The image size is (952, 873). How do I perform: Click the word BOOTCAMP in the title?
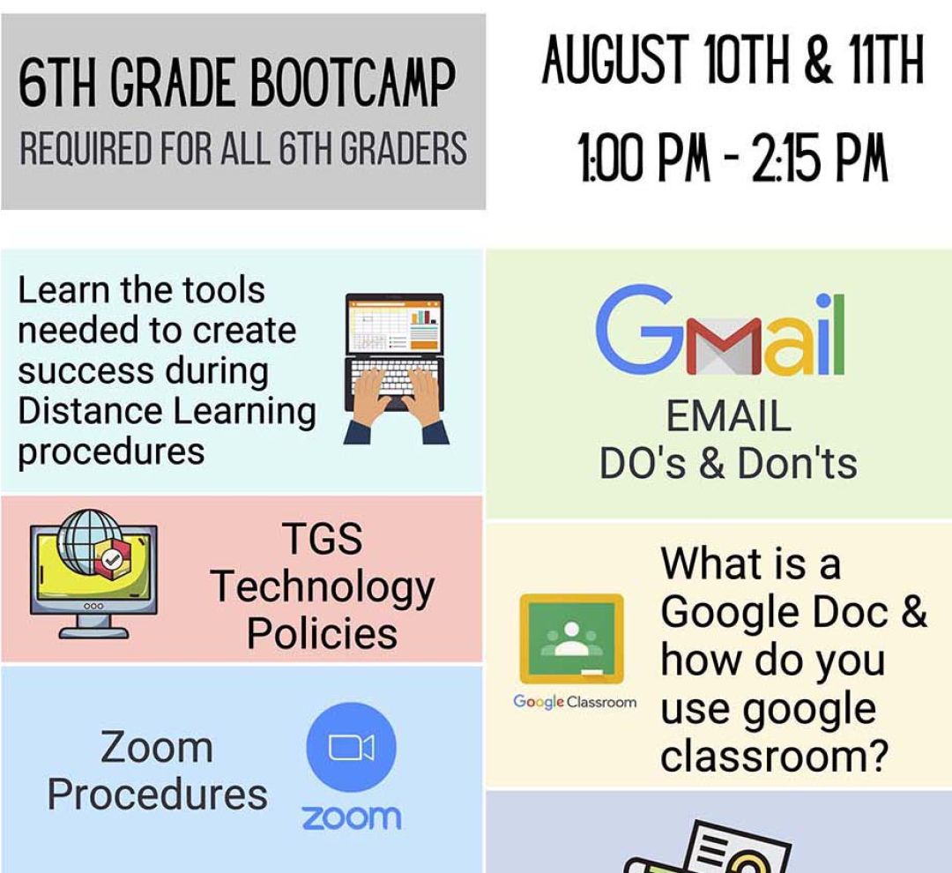point(352,83)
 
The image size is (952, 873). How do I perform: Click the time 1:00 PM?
point(644,157)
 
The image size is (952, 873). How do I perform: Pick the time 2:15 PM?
point(821,157)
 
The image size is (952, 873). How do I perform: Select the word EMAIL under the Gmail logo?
point(729,416)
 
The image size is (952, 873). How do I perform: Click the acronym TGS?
point(323,538)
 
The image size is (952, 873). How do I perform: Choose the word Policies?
point(322,633)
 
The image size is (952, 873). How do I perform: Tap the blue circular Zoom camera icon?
point(352,747)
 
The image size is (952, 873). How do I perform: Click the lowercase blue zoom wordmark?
point(352,817)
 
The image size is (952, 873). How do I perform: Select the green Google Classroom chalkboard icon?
point(571,639)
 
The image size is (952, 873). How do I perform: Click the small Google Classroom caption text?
point(575,702)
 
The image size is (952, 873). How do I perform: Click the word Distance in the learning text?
point(90,411)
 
